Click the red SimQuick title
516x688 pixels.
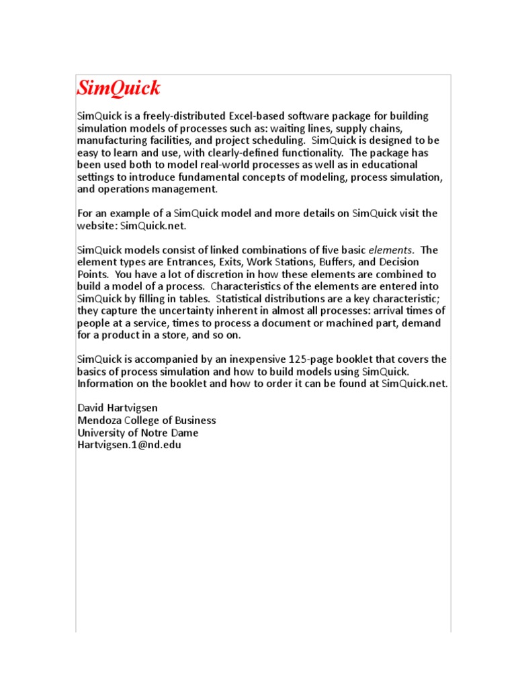pyautogui.click(x=118, y=88)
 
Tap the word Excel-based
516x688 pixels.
pyautogui.click(x=258, y=116)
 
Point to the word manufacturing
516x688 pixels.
pyautogui.click(x=112, y=140)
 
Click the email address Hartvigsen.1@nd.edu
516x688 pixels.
pyautogui.click(x=129, y=445)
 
